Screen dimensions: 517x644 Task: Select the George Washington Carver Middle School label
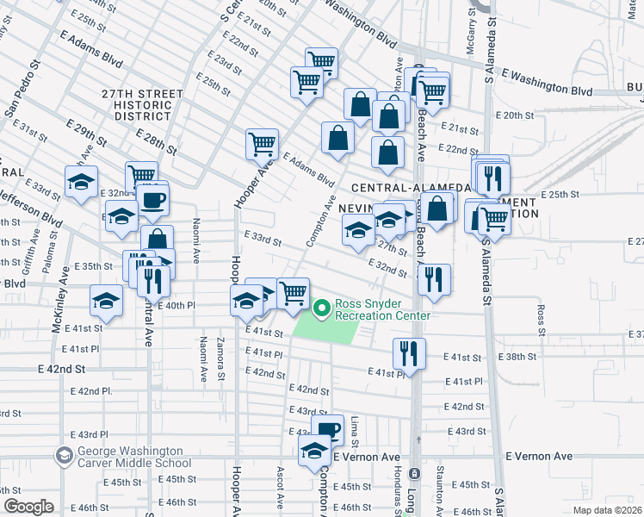129,457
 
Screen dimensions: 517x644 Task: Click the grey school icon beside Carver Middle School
63,455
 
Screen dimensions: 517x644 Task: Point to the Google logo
28,507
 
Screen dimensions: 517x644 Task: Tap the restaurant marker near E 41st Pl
409,353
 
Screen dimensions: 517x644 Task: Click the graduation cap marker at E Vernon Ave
314,450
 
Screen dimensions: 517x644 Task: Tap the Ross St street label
542,319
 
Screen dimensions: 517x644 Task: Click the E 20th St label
515,115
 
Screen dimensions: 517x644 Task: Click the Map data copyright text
607,510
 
